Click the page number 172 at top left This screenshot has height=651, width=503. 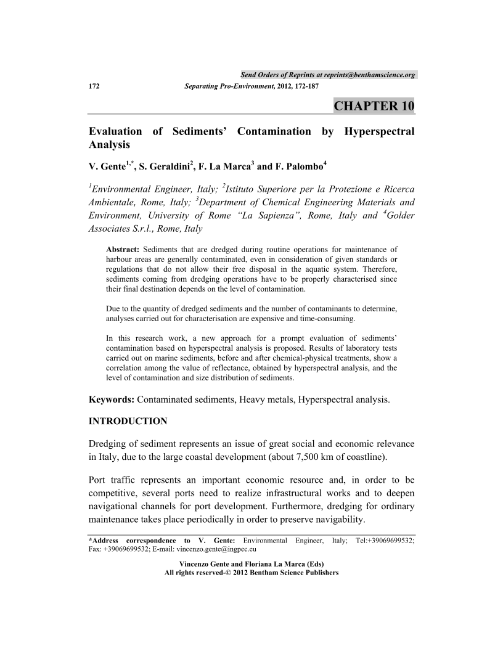[x=95, y=86]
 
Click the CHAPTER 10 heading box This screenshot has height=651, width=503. [x=374, y=105]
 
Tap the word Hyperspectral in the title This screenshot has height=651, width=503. [x=379, y=131]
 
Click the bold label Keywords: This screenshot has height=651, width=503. [x=112, y=399]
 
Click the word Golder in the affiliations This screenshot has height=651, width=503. [x=399, y=215]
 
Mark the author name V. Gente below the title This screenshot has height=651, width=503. [x=107, y=167]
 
